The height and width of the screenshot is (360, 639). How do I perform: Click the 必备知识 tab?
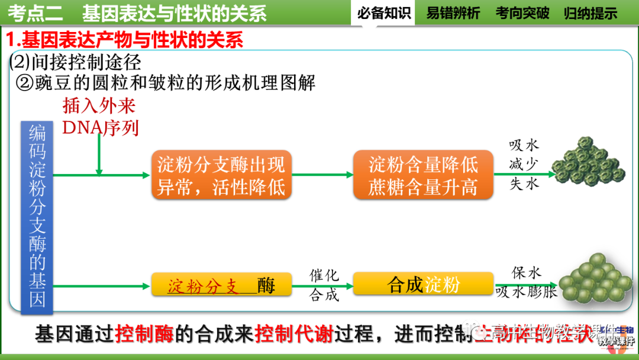384,13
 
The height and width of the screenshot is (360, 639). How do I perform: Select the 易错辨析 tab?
453,13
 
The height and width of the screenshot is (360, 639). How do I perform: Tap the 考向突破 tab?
522,13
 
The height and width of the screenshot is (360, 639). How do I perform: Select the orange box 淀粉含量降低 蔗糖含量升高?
423,175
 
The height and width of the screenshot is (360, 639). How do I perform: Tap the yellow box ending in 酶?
222,285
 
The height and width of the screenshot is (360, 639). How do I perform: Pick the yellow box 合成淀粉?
423,284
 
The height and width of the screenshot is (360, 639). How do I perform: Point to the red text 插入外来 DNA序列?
100,116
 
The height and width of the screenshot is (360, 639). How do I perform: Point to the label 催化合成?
324,285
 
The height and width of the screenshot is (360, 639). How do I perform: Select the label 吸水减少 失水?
524,165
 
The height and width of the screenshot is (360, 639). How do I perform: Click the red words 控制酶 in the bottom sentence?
145,333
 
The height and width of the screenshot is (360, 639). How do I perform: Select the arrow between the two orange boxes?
323,175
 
